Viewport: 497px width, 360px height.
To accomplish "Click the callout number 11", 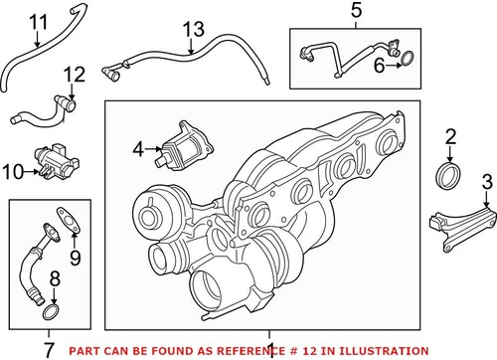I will (37, 21).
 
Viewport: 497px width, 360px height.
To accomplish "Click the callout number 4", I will (140, 150).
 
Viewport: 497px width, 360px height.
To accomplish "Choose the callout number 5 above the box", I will (358, 11).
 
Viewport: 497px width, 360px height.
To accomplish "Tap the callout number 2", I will (450, 135).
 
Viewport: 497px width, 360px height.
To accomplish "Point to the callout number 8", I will (56, 279).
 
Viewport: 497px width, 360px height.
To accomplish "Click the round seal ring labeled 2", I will (449, 177).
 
